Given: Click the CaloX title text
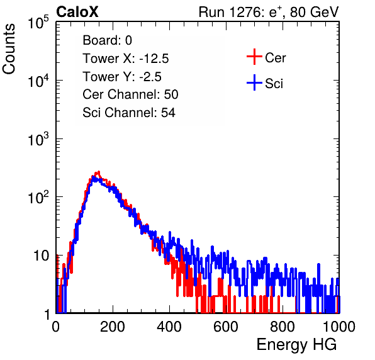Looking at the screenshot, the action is (77, 12).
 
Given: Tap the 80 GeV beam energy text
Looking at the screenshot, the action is (314, 12).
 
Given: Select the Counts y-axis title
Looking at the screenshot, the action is (9, 49).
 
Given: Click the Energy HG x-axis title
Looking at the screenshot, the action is (296, 345).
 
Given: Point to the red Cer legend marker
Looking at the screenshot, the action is (254, 57).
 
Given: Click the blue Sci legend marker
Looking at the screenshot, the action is (254, 83).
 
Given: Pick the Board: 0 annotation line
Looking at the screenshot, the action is (107, 40).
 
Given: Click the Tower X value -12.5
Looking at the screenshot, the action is (154, 59).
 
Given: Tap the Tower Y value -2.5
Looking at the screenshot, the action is (150, 77).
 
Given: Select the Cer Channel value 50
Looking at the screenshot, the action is (171, 94).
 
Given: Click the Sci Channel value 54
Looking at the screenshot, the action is (168, 113).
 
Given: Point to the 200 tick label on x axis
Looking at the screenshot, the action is (113, 327).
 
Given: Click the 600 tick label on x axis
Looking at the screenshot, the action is (226, 327).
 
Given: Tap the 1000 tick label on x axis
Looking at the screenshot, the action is (339, 327).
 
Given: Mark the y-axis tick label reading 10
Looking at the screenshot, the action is (41, 256).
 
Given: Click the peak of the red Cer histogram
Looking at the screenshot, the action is (98, 172).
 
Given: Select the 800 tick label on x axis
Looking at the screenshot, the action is (283, 327).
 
